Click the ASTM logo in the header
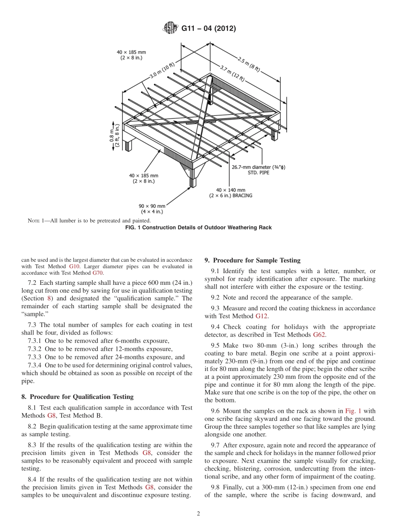point(170,28)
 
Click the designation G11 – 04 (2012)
point(209,29)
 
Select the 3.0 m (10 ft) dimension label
point(163,71)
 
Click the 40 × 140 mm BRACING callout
point(231,192)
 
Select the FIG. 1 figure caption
point(198,228)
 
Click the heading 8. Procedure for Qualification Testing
point(77,396)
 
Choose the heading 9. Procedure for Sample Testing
point(252,260)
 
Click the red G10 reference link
point(73,266)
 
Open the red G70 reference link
point(97,273)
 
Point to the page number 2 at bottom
point(198,514)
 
